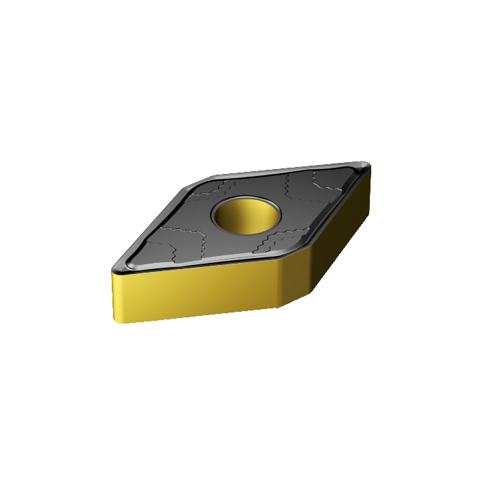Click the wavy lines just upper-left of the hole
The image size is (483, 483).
(x=217, y=190)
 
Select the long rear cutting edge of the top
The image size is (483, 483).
(x=290, y=168)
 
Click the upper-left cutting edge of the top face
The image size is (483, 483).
(x=159, y=217)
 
